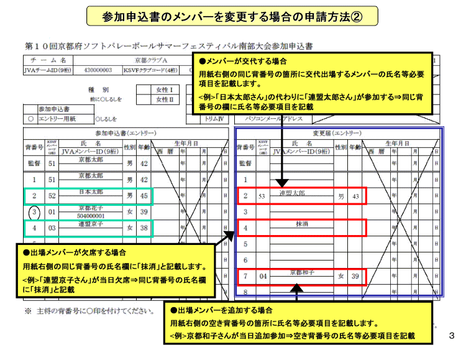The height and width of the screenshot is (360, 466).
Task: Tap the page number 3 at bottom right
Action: (x=452, y=336)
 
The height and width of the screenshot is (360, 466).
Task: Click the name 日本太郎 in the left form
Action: (x=91, y=192)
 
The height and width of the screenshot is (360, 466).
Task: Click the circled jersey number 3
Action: (x=35, y=212)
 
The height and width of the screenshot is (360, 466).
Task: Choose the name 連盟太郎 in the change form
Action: (x=292, y=193)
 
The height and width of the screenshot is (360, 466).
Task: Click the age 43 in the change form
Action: (x=356, y=196)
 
